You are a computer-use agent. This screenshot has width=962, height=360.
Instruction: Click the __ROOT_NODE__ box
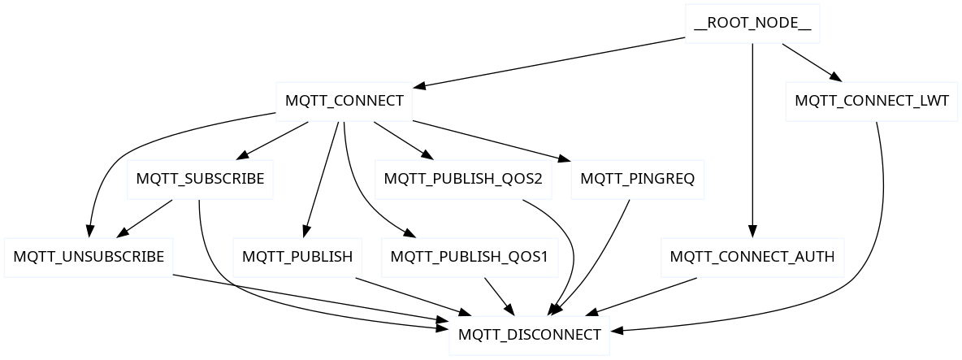[x=752, y=24]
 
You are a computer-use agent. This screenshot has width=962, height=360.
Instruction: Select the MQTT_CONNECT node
[x=344, y=102]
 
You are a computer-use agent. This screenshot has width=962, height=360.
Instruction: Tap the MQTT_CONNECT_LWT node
[x=871, y=102]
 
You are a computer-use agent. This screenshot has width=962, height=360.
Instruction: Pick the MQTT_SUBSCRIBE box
[x=200, y=180]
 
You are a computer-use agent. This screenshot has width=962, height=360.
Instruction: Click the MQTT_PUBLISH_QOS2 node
[x=462, y=180]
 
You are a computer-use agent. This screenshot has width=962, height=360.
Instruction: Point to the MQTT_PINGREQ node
[x=637, y=180]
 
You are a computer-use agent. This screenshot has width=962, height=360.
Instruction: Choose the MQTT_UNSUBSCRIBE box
[x=89, y=258]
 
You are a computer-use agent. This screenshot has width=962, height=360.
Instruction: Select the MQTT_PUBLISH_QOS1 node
[x=469, y=258]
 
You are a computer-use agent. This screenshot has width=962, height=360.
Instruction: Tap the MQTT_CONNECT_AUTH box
[x=752, y=258]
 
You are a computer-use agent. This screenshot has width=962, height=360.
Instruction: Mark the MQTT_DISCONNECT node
[x=529, y=335]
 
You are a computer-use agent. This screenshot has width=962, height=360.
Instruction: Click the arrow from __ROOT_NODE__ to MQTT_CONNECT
[x=552, y=63]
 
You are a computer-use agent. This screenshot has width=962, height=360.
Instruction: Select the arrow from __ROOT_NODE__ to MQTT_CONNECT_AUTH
[x=752, y=138]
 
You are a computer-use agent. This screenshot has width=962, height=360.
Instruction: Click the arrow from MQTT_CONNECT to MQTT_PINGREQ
[x=487, y=140]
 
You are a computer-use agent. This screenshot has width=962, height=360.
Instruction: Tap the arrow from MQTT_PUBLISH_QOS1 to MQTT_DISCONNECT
[x=497, y=296]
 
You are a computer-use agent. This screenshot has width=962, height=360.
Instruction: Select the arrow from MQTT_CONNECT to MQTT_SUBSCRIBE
[x=273, y=140]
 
